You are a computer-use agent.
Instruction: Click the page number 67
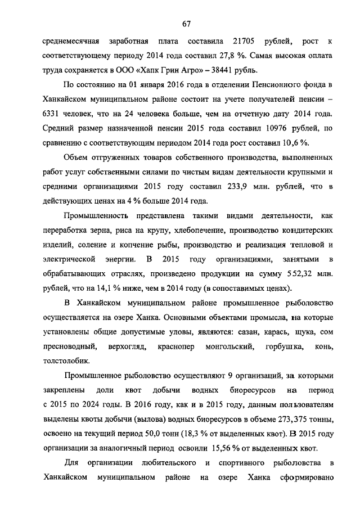[187, 23]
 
